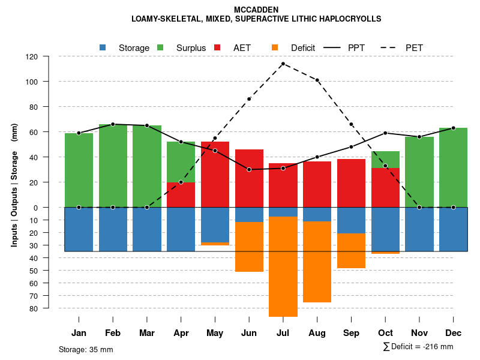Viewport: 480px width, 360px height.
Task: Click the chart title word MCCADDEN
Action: coord(256,10)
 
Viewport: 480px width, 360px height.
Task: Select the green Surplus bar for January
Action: coord(79,170)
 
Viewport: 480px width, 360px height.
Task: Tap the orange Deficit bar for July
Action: coord(283,266)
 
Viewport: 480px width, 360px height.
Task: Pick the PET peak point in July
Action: coord(283,64)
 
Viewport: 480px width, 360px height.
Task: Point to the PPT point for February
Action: coord(113,124)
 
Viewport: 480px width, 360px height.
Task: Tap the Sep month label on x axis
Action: coord(351,333)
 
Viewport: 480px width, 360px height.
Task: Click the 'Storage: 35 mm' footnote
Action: coord(86,349)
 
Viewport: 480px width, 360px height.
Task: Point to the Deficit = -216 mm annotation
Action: coord(418,347)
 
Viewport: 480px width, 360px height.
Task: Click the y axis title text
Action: coord(14,182)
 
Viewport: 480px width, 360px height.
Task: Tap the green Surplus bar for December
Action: coord(453,167)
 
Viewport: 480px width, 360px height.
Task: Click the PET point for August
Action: coord(317,80)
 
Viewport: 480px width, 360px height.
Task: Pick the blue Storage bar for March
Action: coord(147,229)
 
